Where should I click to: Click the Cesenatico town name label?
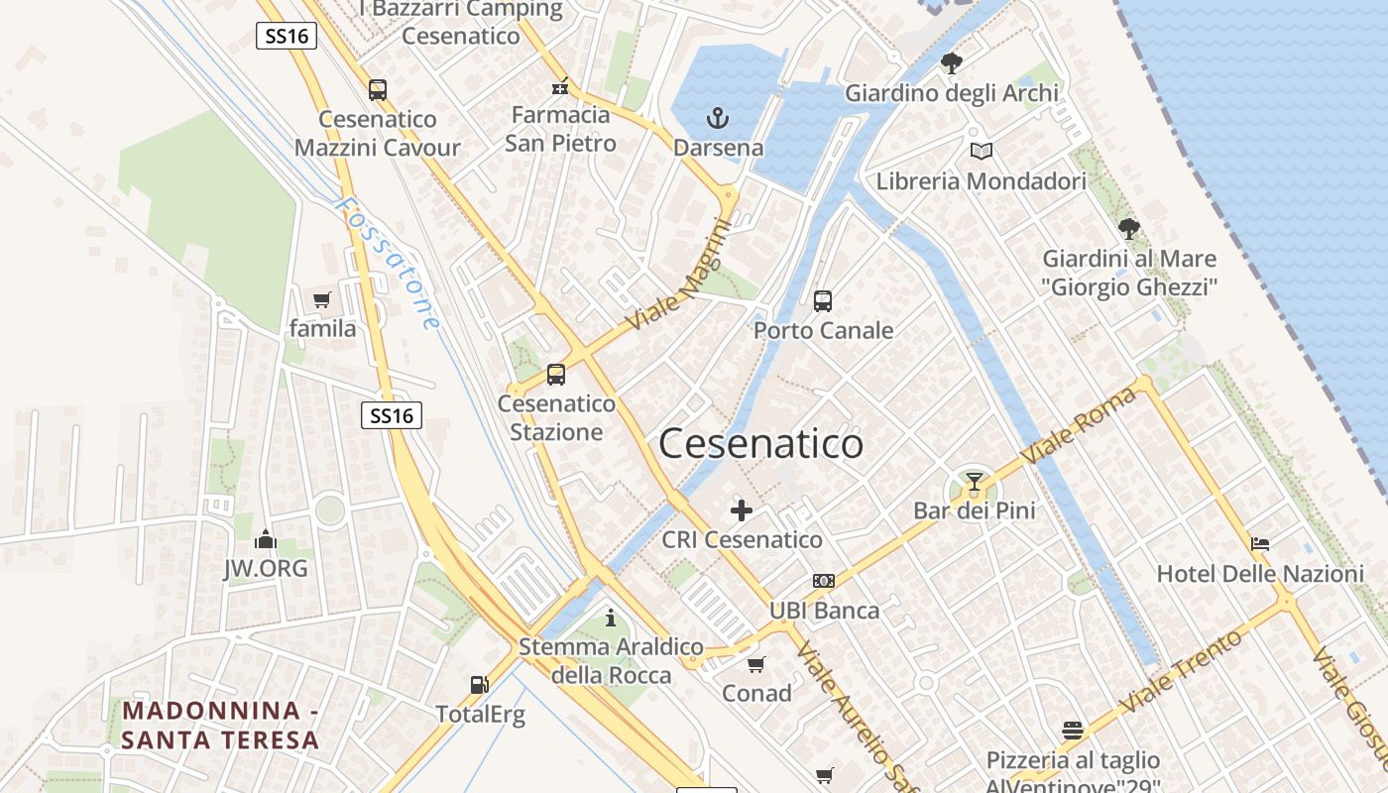[760, 443]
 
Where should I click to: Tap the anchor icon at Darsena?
[717, 119]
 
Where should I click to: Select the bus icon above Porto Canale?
[822, 300]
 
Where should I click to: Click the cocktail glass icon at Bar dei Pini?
[974, 483]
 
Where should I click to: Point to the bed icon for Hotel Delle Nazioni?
[1260, 543]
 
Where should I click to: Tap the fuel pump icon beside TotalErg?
[479, 684]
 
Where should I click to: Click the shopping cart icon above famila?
[321, 299]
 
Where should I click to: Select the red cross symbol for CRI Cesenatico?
[742, 510]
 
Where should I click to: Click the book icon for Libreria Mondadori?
[981, 152]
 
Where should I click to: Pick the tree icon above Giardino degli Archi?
[952, 64]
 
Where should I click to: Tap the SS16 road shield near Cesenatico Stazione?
[391, 415]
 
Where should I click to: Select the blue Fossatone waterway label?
[389, 263]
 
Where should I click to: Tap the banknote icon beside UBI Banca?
[824, 581]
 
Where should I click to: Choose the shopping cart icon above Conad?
[756, 664]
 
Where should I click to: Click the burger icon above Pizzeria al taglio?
[1072, 731]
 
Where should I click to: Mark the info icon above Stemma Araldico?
[611, 618]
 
